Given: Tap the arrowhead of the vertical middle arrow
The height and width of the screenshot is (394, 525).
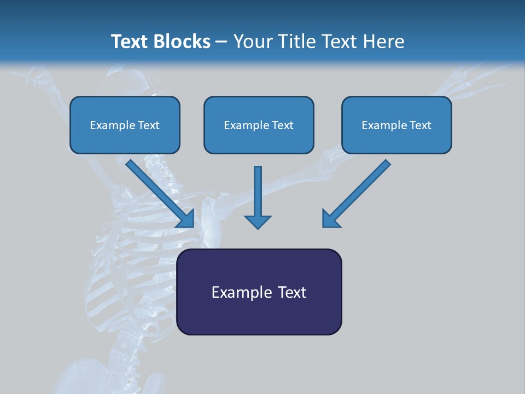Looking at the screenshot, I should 258,222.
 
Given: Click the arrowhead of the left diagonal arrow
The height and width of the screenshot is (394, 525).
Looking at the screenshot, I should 186,219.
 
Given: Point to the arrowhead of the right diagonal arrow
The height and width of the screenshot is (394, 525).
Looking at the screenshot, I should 330,219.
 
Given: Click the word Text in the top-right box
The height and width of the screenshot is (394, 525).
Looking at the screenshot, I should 420,125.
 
